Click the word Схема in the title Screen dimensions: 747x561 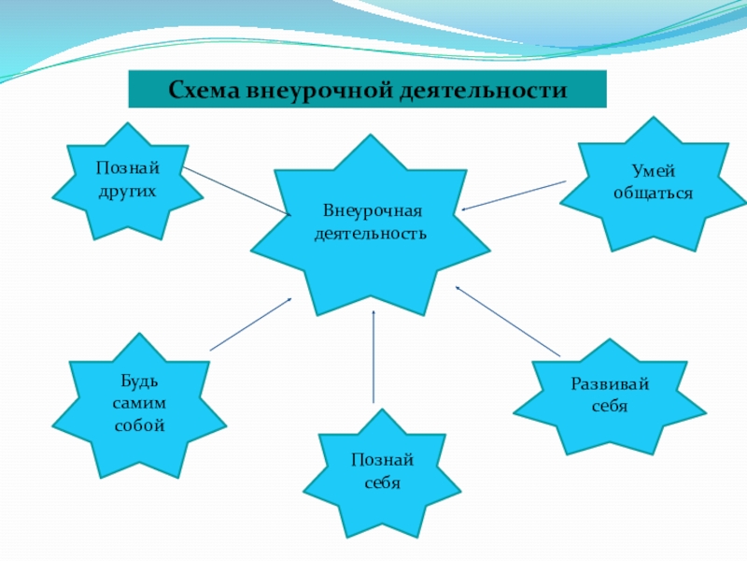tap(205, 91)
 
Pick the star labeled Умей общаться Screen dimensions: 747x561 tap(653, 183)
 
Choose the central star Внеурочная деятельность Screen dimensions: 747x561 tap(371, 224)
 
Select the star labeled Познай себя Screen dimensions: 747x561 tap(382, 473)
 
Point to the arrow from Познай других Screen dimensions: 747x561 tap(237, 191)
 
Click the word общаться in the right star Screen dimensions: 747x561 tap(653, 192)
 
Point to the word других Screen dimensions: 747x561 tap(126, 189)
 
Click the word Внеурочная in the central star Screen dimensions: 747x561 tap(371, 211)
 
